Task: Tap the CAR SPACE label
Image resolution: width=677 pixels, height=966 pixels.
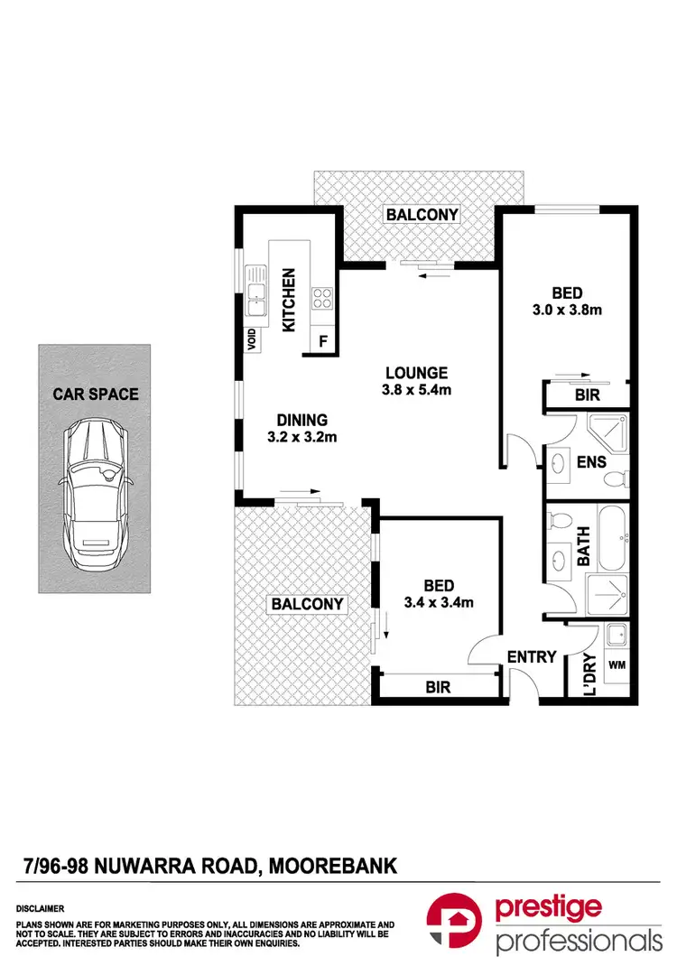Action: [x=96, y=394]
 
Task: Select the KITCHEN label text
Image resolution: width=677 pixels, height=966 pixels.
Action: [x=291, y=300]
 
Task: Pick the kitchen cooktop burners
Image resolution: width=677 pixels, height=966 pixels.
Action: [x=321, y=298]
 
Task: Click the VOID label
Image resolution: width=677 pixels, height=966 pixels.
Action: [x=253, y=339]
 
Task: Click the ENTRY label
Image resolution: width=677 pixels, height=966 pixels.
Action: [x=532, y=657]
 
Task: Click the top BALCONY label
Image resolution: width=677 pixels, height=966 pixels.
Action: [x=422, y=215]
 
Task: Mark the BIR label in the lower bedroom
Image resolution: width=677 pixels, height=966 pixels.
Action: [x=438, y=687]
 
